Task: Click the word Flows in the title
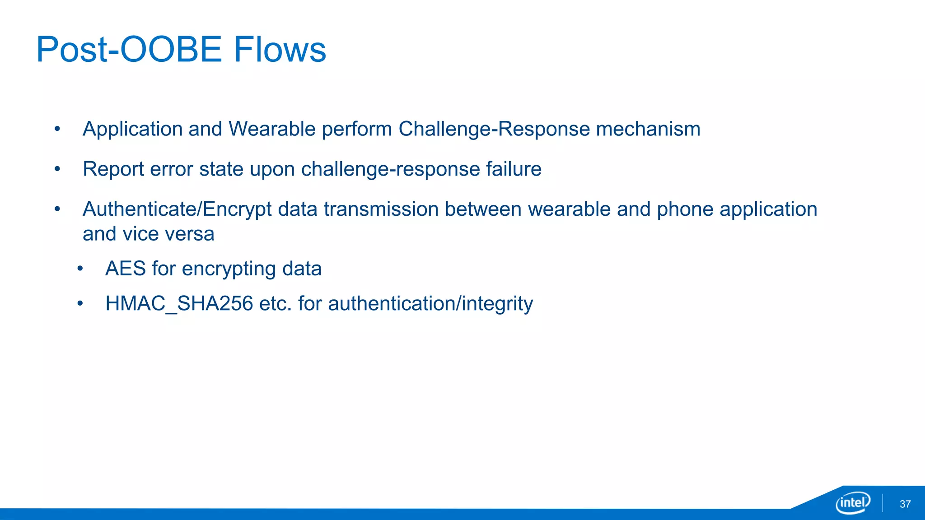coord(280,49)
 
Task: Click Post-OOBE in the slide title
coord(129,49)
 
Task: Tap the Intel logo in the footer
coord(853,502)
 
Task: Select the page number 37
coord(905,504)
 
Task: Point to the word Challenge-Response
coord(494,129)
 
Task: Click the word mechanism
coord(648,129)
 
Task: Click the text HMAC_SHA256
coord(179,303)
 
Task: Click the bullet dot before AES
coord(80,269)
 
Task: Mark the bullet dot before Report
coord(57,170)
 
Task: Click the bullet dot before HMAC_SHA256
coord(80,304)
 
